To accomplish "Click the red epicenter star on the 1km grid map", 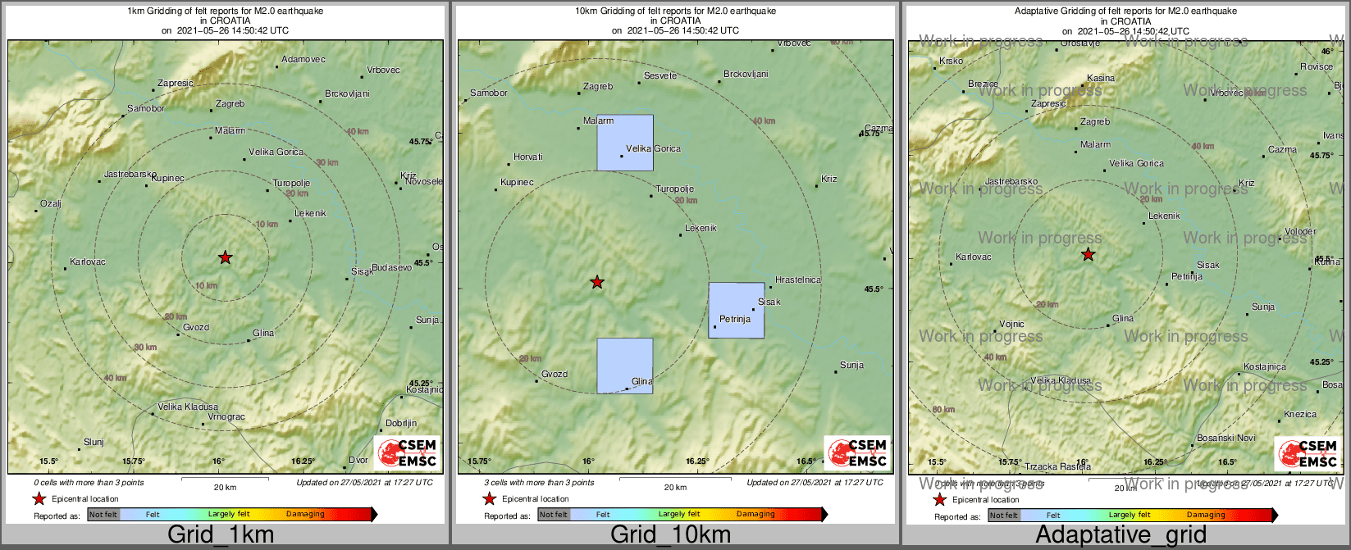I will point(226,258).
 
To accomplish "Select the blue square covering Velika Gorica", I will point(625,143).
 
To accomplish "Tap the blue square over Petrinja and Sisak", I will point(737,310).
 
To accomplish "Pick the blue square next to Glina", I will point(625,366).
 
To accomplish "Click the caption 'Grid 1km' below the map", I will point(221,535).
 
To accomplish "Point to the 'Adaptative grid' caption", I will point(1121,535).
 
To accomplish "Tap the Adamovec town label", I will point(304,59).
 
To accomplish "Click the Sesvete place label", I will point(660,75).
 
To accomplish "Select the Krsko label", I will point(951,61).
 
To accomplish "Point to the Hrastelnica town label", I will point(797,280).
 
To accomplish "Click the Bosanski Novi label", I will point(1225,438).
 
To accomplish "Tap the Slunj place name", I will point(94,442).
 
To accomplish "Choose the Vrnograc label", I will point(226,417).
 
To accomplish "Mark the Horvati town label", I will point(527,157).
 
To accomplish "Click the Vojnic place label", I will point(1011,325).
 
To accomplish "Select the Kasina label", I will point(1101,78).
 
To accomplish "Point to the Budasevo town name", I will point(391,268).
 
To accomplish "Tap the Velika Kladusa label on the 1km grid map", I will point(188,407).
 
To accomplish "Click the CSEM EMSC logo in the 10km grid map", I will point(856,452).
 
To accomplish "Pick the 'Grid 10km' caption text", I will point(670,535).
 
